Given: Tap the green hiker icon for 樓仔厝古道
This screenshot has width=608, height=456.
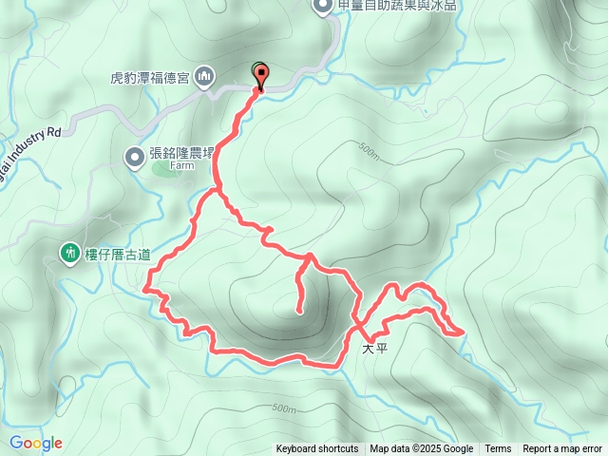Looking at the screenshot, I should tap(69, 253).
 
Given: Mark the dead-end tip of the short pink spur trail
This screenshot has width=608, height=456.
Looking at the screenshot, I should tap(300, 311).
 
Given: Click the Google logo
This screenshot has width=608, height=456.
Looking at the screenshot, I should tap(36, 443).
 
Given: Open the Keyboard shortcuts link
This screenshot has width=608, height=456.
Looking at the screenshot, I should tap(317, 449).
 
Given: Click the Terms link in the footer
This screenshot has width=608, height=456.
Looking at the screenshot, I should tap(498, 449).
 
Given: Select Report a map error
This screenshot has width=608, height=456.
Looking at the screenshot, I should tap(563, 449).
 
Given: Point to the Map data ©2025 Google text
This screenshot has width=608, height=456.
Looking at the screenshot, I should tap(421, 449).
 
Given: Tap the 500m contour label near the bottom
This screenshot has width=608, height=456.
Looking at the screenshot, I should tap(284, 408).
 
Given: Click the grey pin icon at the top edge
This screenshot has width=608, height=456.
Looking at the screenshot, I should tap(322, 6).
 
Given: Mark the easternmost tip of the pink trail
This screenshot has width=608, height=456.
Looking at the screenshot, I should tap(464, 332).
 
